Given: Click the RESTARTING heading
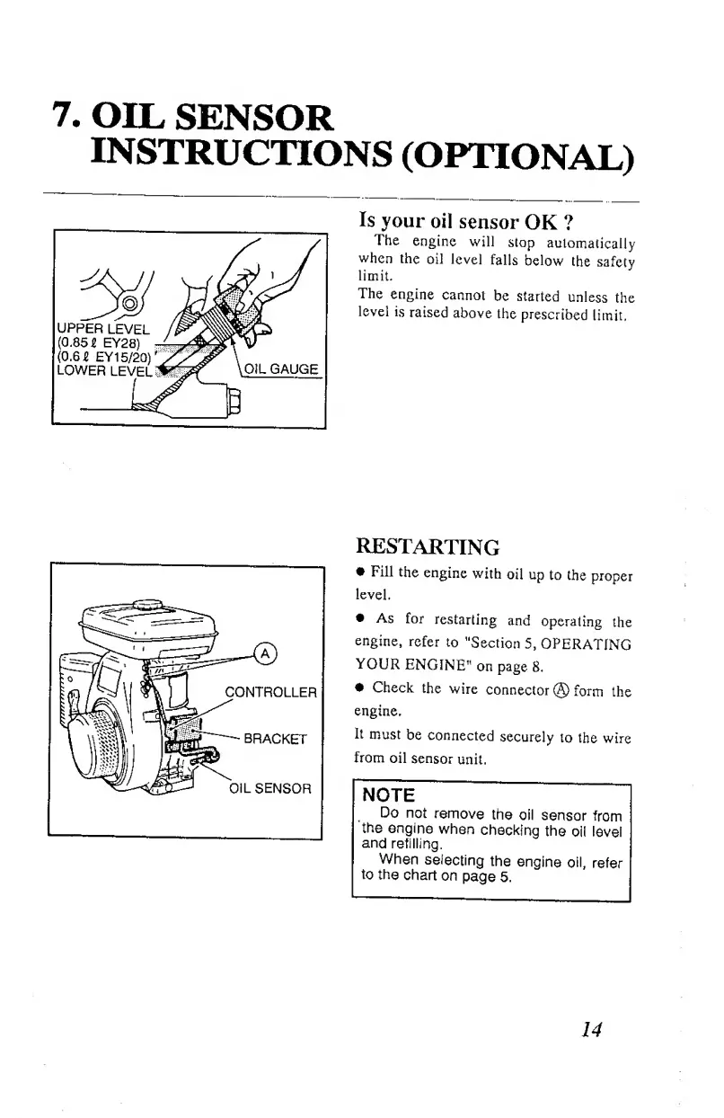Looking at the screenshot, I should [x=428, y=546].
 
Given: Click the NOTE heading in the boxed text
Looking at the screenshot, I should [x=387, y=794].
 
